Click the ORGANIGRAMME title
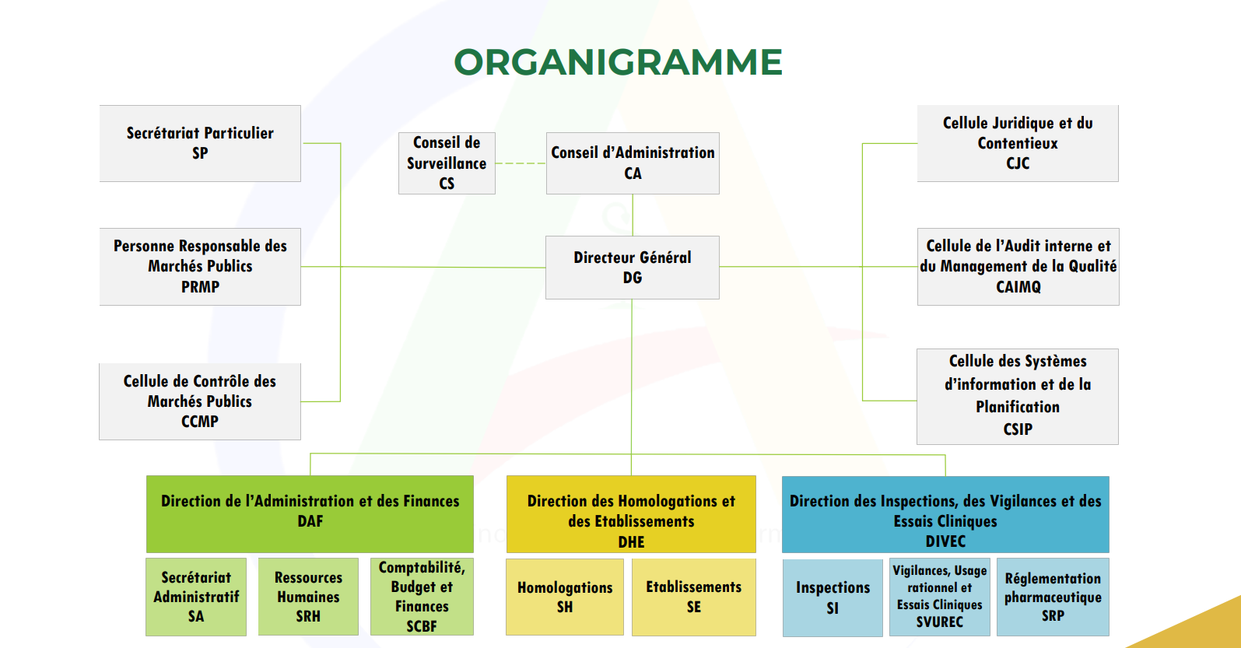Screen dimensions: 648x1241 click(618, 62)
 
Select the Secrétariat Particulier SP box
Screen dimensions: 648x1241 click(200, 143)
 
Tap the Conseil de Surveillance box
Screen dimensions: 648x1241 click(447, 163)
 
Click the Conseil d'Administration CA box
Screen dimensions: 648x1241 click(633, 163)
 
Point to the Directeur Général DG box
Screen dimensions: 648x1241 click(632, 267)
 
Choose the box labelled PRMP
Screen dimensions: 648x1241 click(200, 266)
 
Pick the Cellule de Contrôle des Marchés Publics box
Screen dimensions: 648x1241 click(200, 401)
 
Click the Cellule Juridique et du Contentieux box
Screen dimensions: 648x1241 click(1018, 143)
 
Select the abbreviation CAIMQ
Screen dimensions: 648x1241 click(1018, 287)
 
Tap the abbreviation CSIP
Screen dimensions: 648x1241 click(1018, 429)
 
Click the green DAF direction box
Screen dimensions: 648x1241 click(310, 513)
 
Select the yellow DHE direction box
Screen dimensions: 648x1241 click(631, 514)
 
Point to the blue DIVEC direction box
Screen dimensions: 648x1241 click(945, 514)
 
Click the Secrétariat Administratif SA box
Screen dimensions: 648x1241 click(196, 597)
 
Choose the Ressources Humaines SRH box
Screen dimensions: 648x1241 click(308, 597)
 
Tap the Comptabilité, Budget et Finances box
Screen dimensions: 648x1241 click(422, 597)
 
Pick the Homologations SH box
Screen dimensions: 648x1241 click(565, 597)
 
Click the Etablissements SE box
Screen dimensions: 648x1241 click(693, 597)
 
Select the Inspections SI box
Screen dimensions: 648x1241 click(833, 597)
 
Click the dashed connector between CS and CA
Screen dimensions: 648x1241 click(521, 163)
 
